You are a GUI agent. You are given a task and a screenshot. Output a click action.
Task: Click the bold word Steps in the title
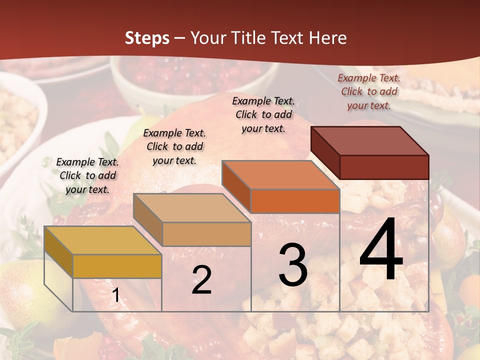point(147,38)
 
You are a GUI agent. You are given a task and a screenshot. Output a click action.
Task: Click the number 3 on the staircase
point(292,265)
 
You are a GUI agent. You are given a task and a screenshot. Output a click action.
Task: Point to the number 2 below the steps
point(201,280)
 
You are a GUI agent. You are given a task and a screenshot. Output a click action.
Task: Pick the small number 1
point(116,295)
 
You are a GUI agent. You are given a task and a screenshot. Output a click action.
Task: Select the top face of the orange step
point(280,175)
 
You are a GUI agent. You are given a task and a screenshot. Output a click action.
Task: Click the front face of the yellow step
point(117,266)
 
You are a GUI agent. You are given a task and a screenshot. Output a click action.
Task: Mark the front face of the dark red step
point(384,167)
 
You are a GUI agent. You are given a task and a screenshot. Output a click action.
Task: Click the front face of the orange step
point(295,201)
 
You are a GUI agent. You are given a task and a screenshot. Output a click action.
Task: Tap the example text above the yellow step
point(87,175)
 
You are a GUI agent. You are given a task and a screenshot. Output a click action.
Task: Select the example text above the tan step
point(174,146)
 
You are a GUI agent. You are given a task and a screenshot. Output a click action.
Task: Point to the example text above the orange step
point(263,114)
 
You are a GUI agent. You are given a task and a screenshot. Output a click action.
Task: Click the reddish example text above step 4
point(369,91)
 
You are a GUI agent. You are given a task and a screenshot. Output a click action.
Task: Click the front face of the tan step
point(206,234)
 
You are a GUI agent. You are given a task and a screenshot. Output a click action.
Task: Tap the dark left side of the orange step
point(236,186)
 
